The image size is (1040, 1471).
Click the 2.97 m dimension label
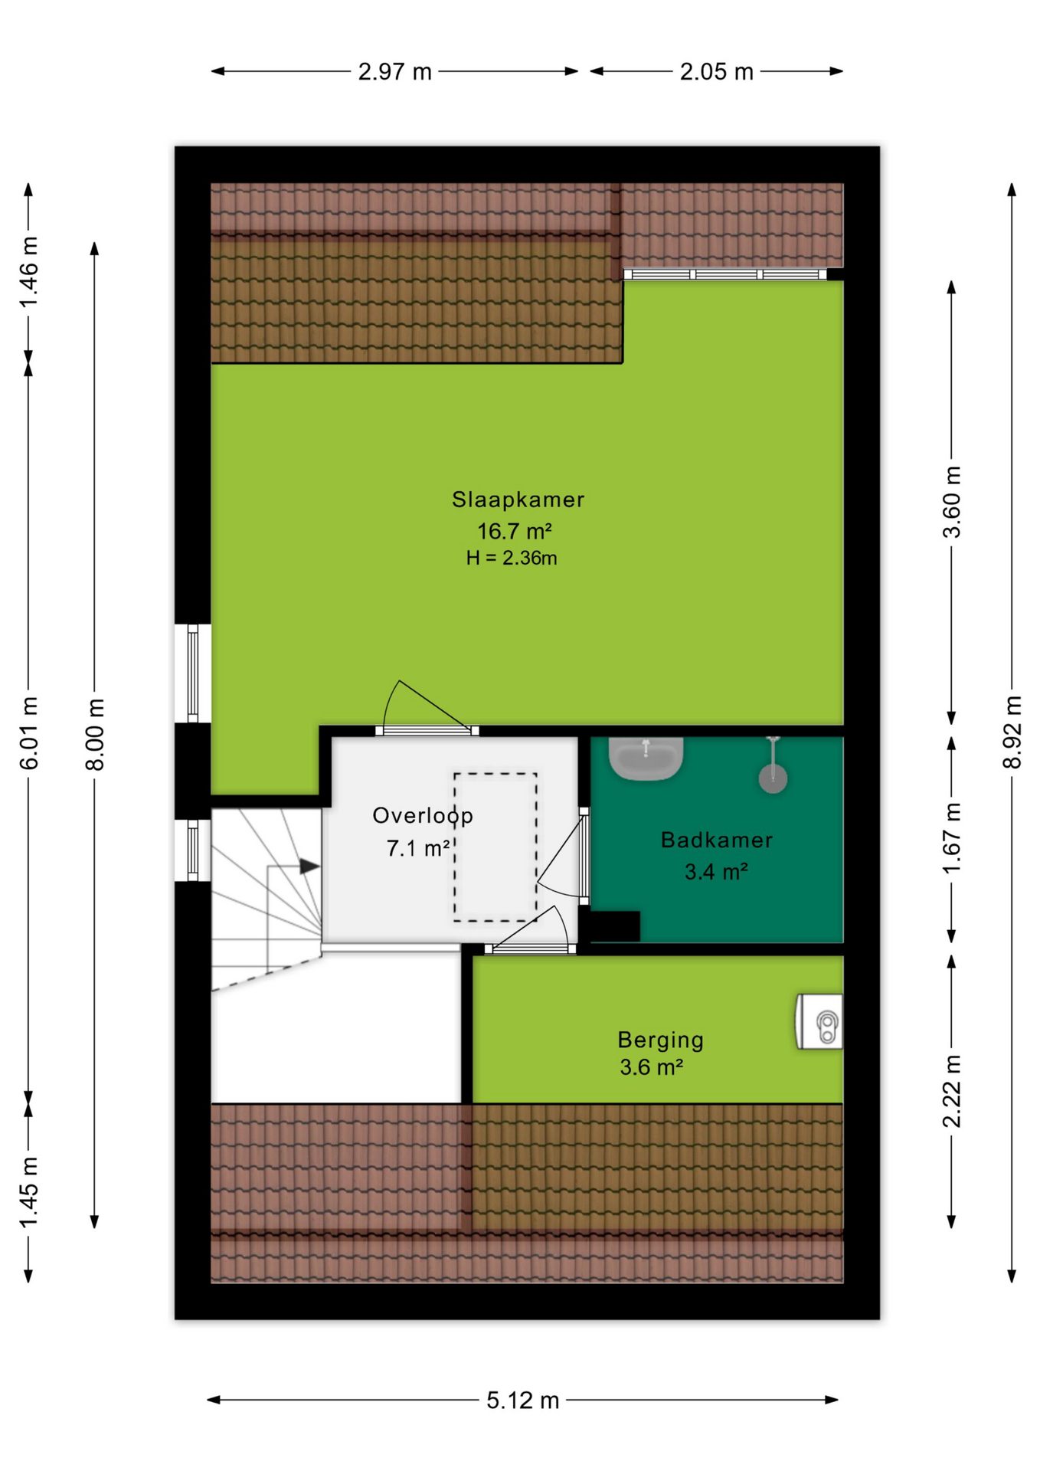point(395,72)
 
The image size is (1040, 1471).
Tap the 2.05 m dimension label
point(717,72)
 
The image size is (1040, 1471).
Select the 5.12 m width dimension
point(523,1401)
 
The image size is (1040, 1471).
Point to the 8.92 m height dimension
point(1012,732)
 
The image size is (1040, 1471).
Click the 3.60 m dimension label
point(951,502)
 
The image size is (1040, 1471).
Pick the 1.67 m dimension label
point(951,838)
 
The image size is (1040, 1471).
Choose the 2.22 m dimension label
point(951,1091)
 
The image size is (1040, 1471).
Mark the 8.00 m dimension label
point(94,735)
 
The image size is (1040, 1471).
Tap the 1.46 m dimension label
point(28,272)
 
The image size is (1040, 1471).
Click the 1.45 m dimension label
point(28,1191)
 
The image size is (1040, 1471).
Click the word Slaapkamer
point(518,500)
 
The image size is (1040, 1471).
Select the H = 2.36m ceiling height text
point(512,558)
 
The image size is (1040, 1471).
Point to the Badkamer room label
point(717,840)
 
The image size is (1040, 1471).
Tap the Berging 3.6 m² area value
point(651,1067)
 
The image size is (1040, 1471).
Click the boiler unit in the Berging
point(820,1021)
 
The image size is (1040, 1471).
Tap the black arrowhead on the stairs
point(309,867)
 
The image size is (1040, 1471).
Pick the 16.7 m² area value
point(515,531)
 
